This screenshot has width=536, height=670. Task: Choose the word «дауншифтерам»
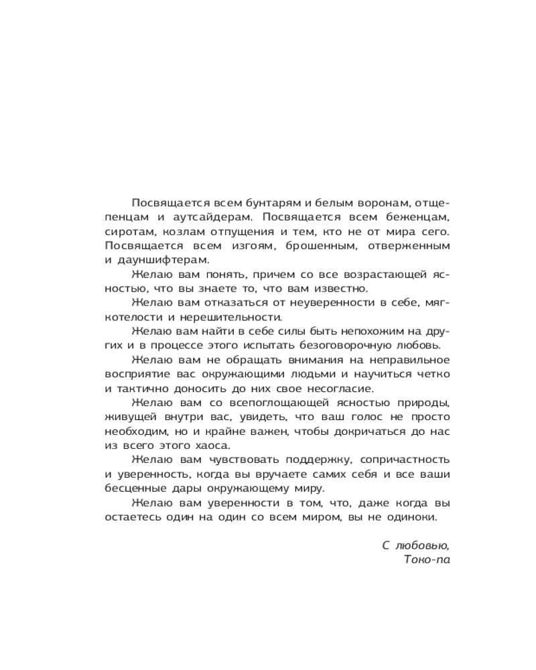161,260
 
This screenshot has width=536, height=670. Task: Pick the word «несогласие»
339,389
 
